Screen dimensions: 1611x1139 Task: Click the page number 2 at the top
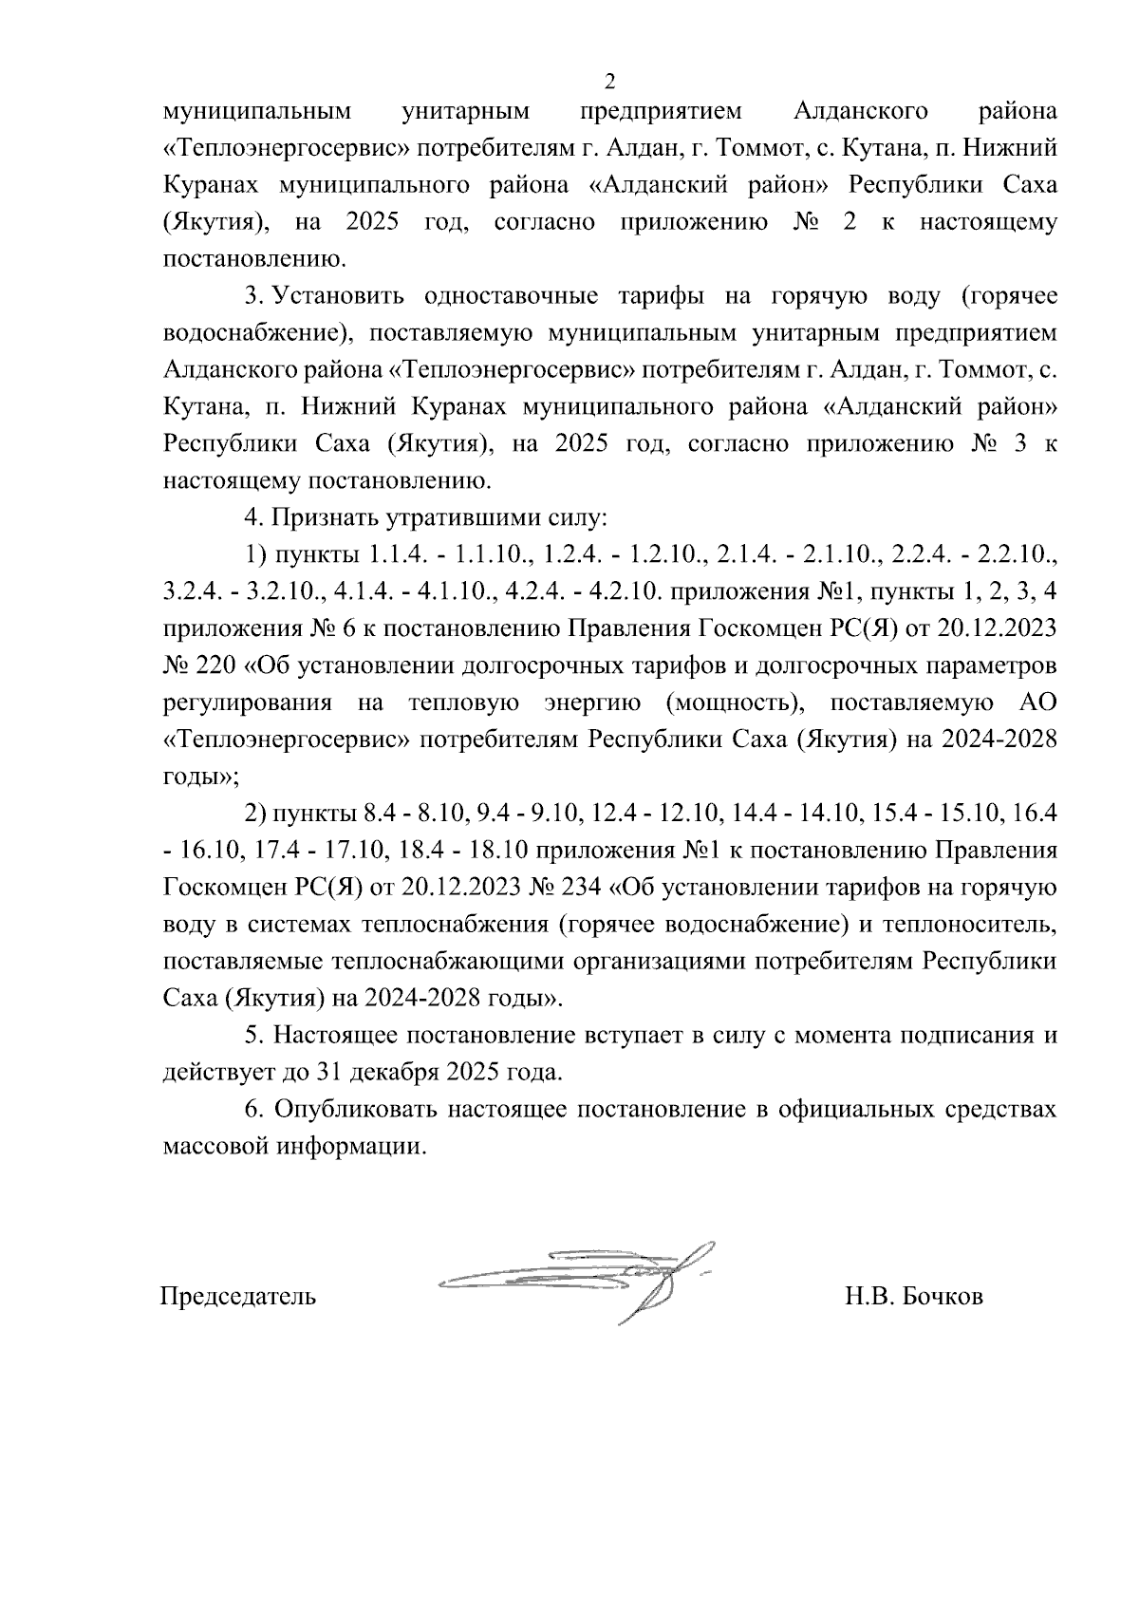point(610,80)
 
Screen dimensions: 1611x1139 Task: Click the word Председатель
point(237,1296)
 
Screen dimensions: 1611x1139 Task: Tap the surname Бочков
point(940,1296)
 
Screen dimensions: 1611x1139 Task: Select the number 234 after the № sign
point(579,888)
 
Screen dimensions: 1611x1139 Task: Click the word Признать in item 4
point(320,518)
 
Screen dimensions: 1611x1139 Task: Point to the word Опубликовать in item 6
point(354,1109)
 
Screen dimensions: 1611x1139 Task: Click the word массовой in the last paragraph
point(216,1146)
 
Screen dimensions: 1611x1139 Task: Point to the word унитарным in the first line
point(465,113)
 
